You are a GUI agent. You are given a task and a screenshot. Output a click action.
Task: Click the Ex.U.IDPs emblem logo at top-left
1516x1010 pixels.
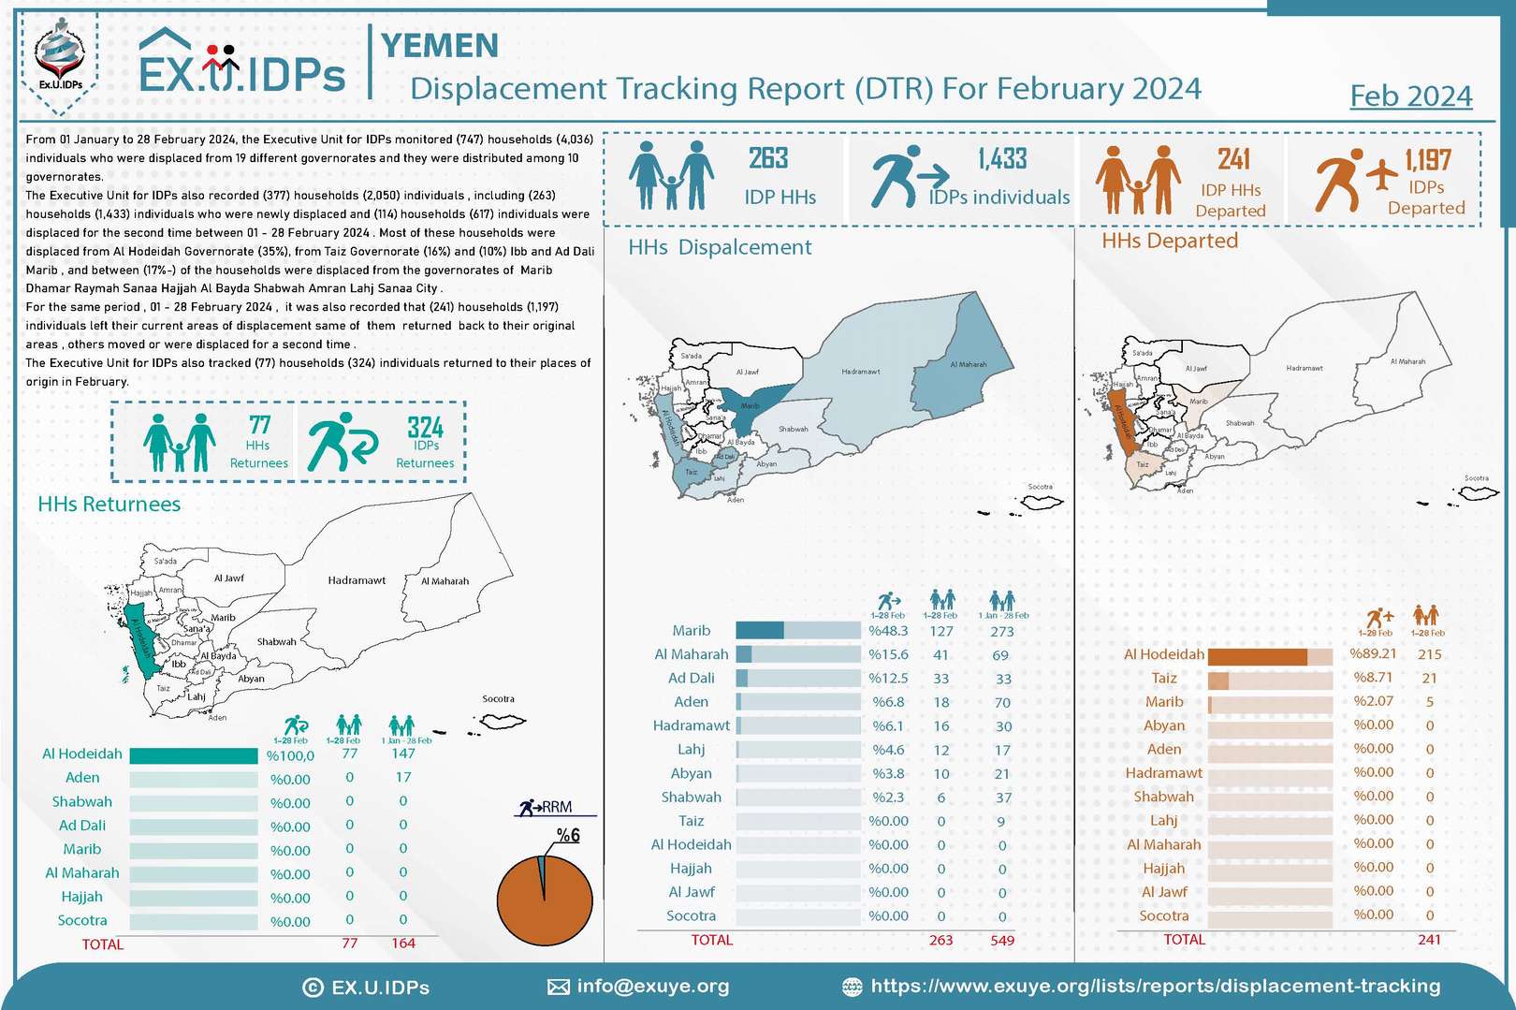coord(60,56)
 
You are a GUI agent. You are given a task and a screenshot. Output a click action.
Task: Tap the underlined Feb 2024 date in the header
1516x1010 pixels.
coord(1410,96)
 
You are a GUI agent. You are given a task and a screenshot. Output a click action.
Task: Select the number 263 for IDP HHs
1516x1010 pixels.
coord(768,158)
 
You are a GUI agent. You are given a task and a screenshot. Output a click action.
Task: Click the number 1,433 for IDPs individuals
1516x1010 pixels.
coord(1002,159)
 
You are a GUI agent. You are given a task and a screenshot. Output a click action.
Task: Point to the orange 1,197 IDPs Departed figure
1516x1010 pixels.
coord(1427,160)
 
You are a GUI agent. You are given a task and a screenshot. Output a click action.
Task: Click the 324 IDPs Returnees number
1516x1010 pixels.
coord(425,428)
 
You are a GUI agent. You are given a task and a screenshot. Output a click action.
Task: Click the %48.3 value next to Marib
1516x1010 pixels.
coord(888,631)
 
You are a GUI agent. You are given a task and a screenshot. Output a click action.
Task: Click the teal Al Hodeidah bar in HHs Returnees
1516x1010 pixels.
coord(193,755)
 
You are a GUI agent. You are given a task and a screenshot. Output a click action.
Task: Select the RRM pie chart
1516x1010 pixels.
coord(545,900)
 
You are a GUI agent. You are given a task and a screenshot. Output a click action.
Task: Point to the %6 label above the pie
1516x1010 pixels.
coord(568,835)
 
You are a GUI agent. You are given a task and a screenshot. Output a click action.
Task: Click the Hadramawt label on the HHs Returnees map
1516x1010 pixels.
coord(357,580)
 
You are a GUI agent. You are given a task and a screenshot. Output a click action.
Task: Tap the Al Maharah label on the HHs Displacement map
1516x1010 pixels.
coord(968,364)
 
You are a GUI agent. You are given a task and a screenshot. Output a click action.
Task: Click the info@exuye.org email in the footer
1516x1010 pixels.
coord(652,986)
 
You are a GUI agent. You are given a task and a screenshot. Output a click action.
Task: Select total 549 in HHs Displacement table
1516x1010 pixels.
coord(1001,940)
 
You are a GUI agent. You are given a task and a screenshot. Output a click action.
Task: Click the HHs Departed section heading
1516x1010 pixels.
coord(1169,241)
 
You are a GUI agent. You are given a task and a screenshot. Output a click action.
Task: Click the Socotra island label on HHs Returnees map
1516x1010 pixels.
coord(498,699)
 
